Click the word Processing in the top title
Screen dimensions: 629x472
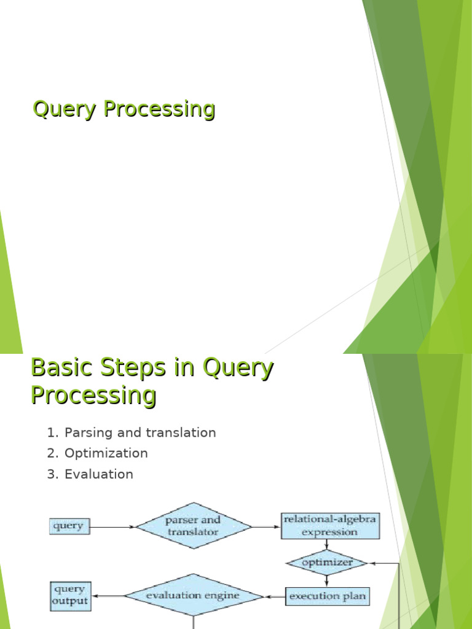(159, 109)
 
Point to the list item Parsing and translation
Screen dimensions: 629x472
(140, 432)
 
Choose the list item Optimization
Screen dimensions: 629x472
(106, 453)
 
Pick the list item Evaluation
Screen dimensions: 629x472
(99, 474)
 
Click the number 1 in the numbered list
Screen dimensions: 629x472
(52, 432)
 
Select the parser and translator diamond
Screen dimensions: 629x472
(193, 526)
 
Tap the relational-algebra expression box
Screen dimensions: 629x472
(329, 526)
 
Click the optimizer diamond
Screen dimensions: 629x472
(326, 563)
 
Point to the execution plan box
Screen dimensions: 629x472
(328, 596)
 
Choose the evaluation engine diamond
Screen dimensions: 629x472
(194, 596)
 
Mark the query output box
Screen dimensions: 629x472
(70, 596)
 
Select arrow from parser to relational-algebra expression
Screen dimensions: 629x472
(266, 526)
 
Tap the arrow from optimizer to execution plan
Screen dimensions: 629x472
(326, 580)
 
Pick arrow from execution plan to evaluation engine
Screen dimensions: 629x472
(275, 596)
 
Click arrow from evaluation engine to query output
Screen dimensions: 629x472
(108, 596)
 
